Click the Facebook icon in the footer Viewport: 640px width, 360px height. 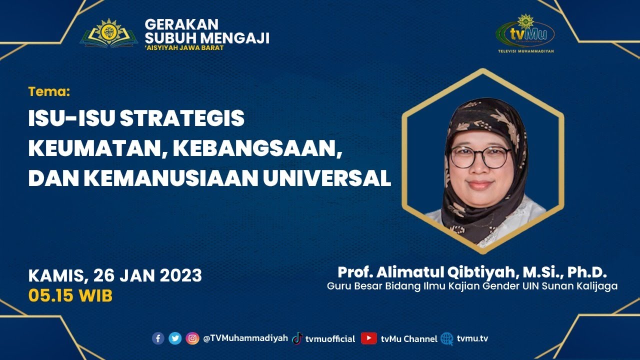[158, 338]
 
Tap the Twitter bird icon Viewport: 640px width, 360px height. [175, 338]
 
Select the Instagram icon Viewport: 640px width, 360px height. [192, 338]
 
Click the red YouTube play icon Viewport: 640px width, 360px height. [369, 338]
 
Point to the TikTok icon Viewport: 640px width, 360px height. [297, 338]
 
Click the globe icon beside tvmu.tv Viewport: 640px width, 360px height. [447, 338]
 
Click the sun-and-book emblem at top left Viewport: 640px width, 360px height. [108, 33]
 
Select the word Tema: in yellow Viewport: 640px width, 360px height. [49, 91]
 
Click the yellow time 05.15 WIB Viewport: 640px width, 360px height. [70, 295]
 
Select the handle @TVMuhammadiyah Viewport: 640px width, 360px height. [245, 338]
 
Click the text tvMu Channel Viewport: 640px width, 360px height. [408, 338]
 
